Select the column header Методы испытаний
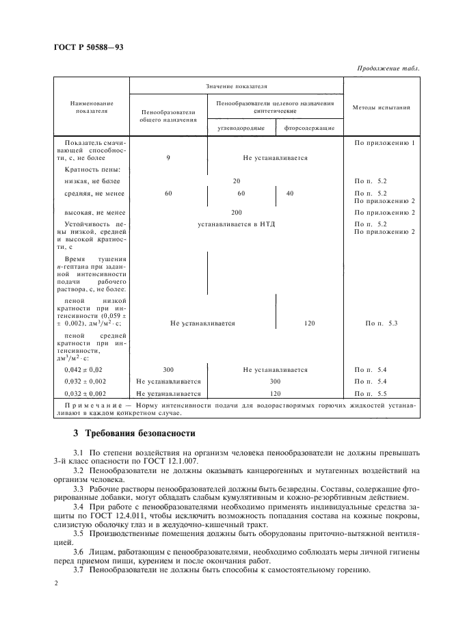point(381,107)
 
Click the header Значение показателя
point(236,87)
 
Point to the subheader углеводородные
point(237,128)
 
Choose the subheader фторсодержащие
point(310,128)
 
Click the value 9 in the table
point(168,158)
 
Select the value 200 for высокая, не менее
point(236,213)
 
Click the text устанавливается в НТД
point(236,224)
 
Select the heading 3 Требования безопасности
point(135,434)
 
